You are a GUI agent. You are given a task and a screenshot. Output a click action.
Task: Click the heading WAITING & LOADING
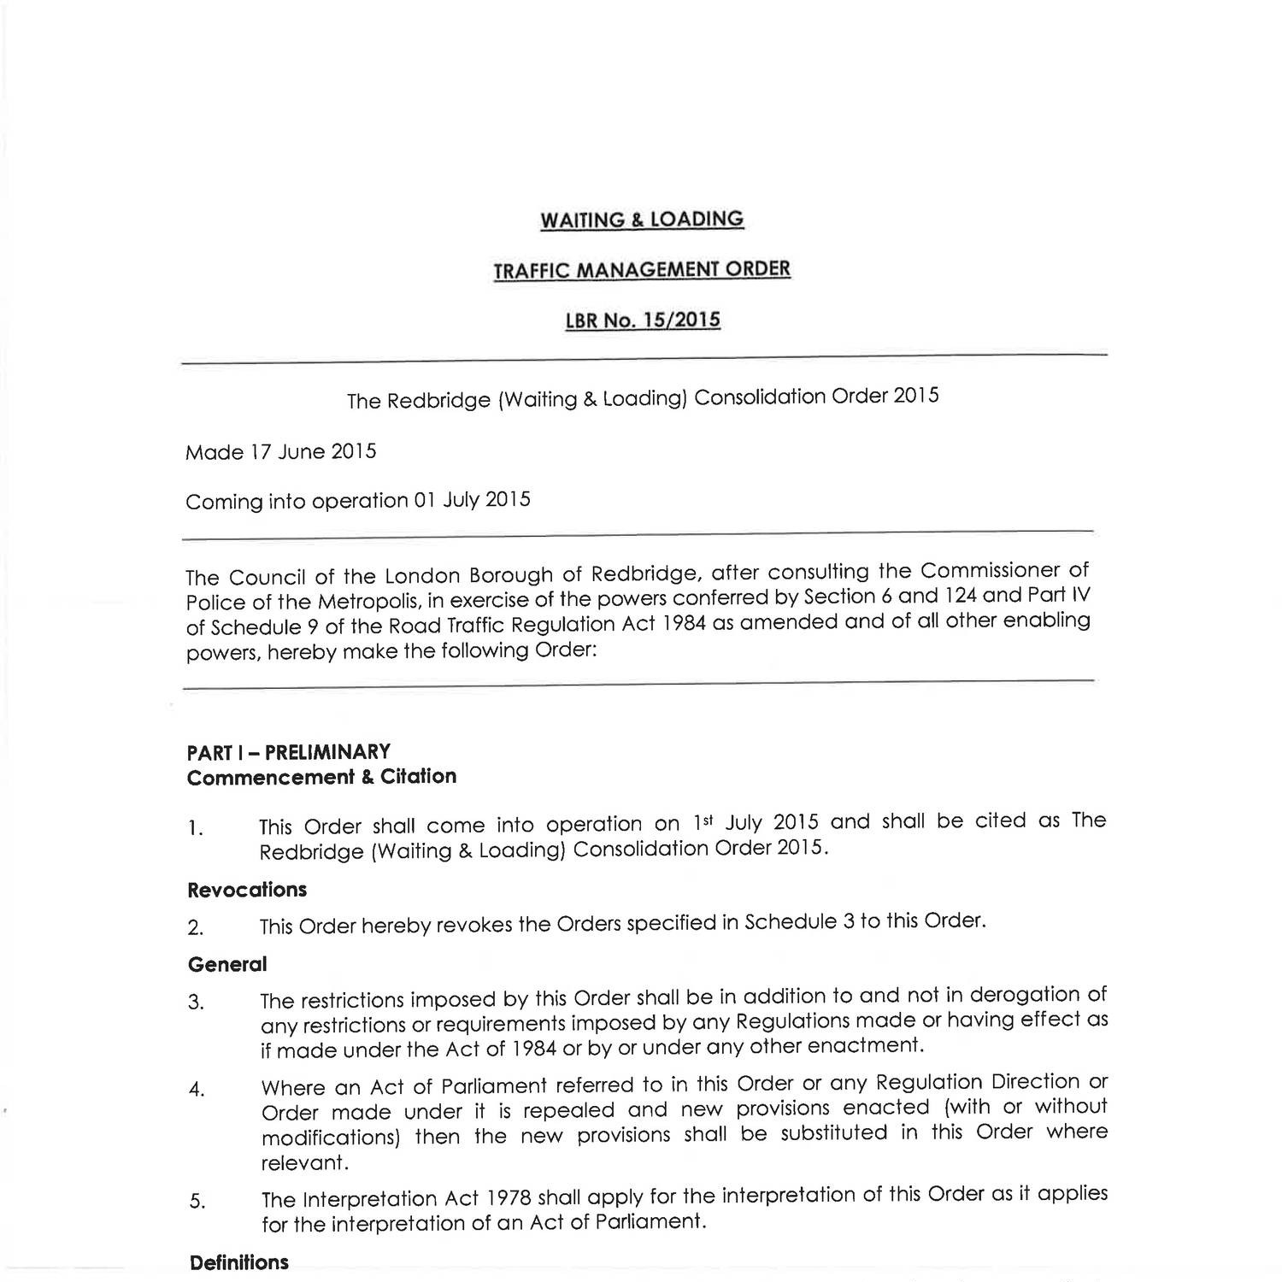click(641, 220)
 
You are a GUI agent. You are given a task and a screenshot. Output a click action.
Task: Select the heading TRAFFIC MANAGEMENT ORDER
click(642, 270)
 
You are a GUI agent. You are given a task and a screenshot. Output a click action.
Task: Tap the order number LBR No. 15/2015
click(643, 320)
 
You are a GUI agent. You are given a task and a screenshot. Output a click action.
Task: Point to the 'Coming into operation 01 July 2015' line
click(358, 500)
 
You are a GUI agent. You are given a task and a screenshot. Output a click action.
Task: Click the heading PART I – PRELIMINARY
click(289, 752)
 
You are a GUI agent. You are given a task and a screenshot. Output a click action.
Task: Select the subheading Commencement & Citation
click(321, 777)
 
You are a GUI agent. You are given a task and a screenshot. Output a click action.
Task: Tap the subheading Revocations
click(246, 890)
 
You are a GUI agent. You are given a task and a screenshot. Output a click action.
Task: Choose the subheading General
click(226, 964)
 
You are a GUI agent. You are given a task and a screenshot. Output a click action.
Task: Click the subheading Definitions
click(238, 1262)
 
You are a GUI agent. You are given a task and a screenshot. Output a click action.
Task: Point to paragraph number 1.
click(195, 828)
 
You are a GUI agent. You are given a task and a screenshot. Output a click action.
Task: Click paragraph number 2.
click(195, 927)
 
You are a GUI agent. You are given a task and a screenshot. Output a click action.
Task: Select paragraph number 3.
click(196, 1002)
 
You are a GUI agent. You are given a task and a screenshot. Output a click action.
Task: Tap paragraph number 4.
click(196, 1090)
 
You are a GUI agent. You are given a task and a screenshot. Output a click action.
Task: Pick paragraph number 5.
click(197, 1202)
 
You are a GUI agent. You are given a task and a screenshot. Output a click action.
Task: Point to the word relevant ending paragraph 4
click(292, 1163)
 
